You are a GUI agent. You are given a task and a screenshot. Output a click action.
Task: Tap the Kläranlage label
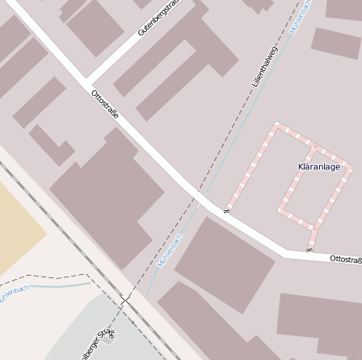(319, 166)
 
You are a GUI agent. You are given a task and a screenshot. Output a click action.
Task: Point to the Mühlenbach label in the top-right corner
(300, 16)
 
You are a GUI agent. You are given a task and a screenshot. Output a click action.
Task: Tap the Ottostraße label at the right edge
(345, 259)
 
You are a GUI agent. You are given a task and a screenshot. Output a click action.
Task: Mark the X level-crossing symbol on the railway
(125, 300)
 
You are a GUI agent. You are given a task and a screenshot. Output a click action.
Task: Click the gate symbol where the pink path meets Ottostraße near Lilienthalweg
(226, 210)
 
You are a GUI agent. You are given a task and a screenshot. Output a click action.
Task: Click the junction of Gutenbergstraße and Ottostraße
(88, 82)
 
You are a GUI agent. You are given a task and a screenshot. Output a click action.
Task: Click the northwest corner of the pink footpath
(275, 126)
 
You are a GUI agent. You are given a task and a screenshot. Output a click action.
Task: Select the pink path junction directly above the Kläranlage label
(313, 148)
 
